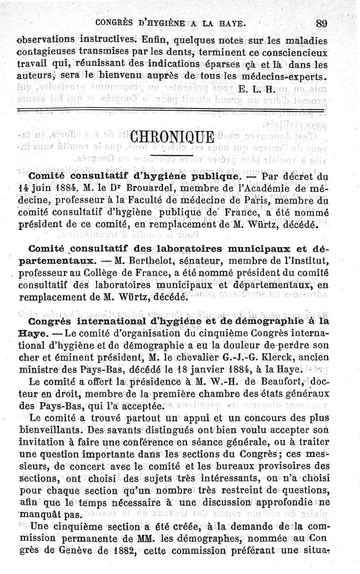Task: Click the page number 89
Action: point(322,23)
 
